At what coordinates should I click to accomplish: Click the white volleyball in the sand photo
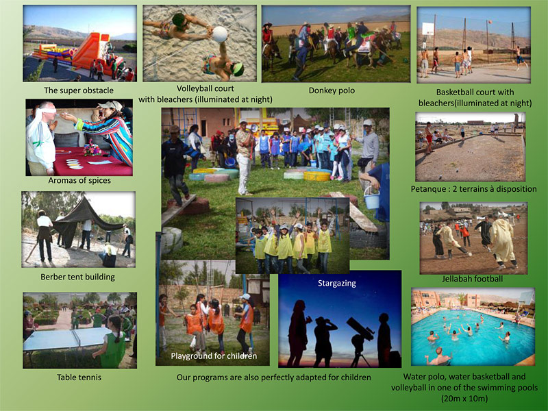tap(220, 34)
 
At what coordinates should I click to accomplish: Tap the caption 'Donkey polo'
tap(332, 90)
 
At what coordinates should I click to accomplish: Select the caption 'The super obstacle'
tap(79, 90)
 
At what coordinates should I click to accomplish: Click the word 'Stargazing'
tap(337, 283)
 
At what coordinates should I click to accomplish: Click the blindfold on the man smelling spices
tap(48, 110)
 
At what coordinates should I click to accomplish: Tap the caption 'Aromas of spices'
tap(79, 180)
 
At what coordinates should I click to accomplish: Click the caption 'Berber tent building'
tap(77, 277)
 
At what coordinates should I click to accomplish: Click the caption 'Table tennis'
tap(79, 377)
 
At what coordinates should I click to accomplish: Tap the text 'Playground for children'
tap(214, 356)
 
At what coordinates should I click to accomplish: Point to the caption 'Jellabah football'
tap(472, 279)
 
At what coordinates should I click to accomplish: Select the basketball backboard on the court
tap(427, 29)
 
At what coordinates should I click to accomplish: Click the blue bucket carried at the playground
tap(371, 200)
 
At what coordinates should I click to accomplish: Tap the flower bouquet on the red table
tap(92, 148)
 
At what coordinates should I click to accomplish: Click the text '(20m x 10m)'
tap(464, 399)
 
